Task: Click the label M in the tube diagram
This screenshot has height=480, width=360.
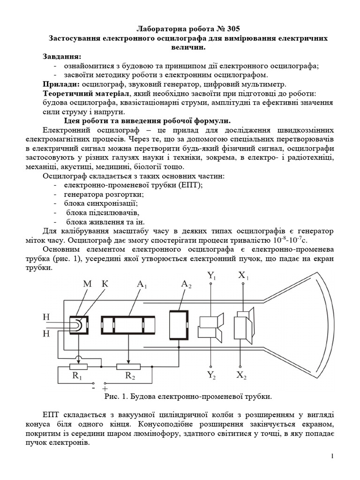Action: [88, 285]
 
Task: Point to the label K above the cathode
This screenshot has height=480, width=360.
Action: [105, 285]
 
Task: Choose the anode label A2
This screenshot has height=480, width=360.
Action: [187, 285]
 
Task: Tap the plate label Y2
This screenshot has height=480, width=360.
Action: [212, 375]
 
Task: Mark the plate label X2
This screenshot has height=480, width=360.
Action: [242, 375]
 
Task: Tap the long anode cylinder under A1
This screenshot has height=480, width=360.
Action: [128, 325]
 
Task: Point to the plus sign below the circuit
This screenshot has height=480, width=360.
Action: [105, 389]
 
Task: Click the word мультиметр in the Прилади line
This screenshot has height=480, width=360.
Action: [264, 84]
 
